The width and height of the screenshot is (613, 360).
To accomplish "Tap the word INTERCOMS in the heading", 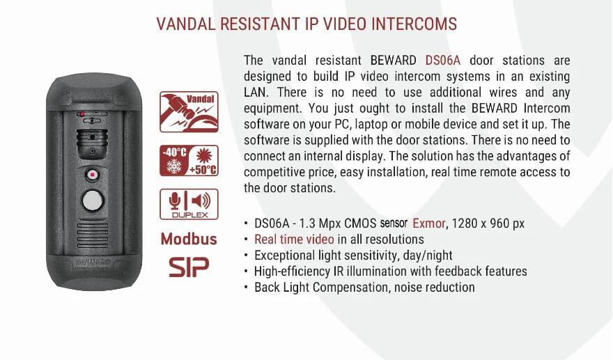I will pos(414,24).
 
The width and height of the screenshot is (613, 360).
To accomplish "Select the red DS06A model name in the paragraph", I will pos(443,61).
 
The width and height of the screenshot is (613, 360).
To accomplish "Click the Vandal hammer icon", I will pos(189,111).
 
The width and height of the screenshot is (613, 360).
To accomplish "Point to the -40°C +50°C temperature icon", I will pos(189,161).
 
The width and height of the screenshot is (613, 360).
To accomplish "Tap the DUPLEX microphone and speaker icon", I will pos(189,204).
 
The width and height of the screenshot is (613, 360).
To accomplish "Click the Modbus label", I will pos(189,239).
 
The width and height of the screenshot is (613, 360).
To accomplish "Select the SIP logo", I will pos(189,267).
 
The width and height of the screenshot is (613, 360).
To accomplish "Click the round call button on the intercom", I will pos(91,201).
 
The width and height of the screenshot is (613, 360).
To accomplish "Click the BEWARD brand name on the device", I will pos(91,264).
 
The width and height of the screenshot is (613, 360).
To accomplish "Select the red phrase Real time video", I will pos(295,240).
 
